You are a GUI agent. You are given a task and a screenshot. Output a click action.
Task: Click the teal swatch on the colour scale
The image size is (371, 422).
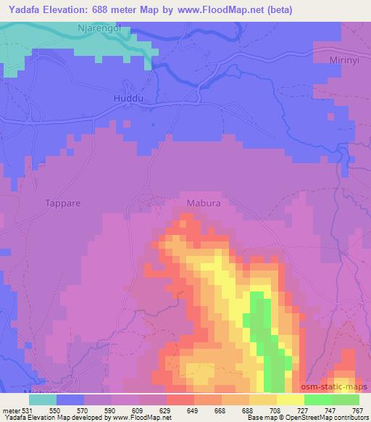tap(43, 400)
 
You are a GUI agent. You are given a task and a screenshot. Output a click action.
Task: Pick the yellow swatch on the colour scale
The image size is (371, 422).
tap(291, 400)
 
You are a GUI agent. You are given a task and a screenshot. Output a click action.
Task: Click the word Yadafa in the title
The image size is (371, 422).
tap(22, 9)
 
